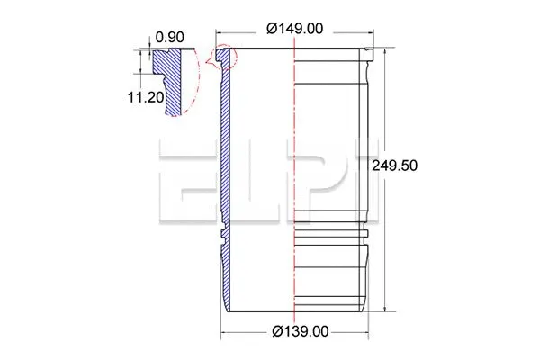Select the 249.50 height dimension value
point(395,166)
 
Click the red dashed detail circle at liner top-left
point(221,58)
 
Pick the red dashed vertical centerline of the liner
point(294,180)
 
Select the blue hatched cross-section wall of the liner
point(225,162)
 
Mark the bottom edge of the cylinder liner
point(297,310)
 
